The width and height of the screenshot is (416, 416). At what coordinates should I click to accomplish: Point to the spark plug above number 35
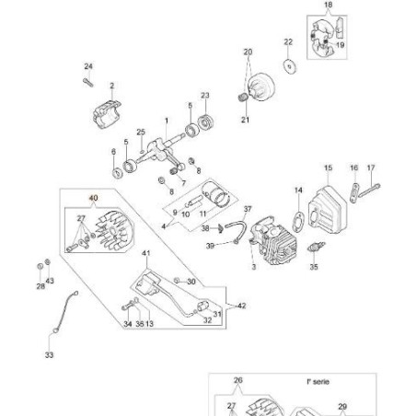(315, 250)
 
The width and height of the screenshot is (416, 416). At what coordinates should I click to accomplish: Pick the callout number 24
(88, 65)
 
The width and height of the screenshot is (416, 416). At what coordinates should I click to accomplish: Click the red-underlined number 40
(92, 197)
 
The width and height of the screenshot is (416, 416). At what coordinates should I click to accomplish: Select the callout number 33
(49, 353)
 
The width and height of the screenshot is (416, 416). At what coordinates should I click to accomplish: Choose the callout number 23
(204, 95)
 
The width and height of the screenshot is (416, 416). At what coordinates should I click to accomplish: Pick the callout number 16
(353, 168)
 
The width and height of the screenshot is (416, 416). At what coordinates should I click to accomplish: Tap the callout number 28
(40, 287)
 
